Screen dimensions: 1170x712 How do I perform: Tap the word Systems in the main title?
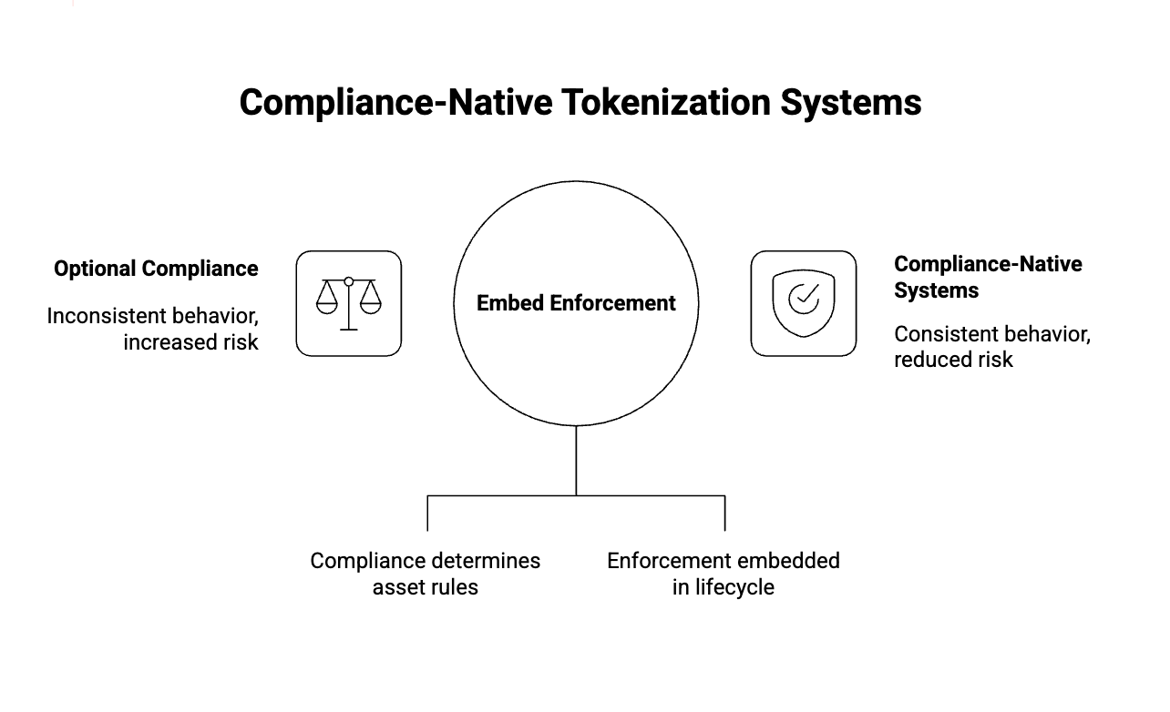click(850, 102)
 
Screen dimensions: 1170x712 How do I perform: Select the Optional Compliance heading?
click(156, 269)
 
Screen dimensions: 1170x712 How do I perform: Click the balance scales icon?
click(348, 303)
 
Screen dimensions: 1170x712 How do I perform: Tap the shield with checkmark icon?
click(803, 303)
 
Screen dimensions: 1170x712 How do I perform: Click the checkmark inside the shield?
click(803, 297)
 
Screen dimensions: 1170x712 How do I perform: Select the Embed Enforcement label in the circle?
click(576, 303)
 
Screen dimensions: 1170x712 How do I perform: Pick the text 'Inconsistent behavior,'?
click(153, 316)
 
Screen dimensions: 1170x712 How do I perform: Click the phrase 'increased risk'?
click(191, 342)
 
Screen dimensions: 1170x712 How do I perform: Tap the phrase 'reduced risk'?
click(953, 360)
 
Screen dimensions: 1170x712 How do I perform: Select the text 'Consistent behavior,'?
click(992, 333)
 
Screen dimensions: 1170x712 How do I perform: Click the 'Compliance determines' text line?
click(425, 561)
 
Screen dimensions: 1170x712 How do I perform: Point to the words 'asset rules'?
click(425, 587)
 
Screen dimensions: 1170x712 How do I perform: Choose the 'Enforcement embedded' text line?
click(724, 561)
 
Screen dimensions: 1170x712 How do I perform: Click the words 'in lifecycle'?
click(724, 587)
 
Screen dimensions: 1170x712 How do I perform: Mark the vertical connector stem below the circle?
click(576, 460)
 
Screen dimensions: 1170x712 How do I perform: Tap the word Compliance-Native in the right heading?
click(988, 264)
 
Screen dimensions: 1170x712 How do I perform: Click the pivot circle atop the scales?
click(348, 281)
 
